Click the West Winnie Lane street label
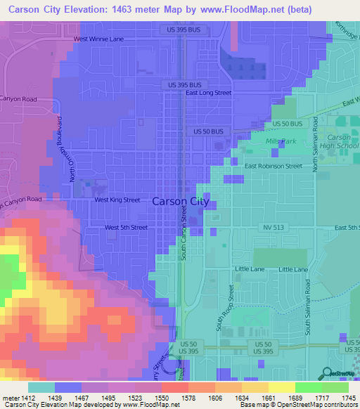[98, 39]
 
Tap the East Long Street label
[208, 93]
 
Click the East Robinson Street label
[273, 167]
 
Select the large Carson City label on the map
[181, 201]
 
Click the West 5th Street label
[126, 228]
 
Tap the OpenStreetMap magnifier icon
[326, 374]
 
